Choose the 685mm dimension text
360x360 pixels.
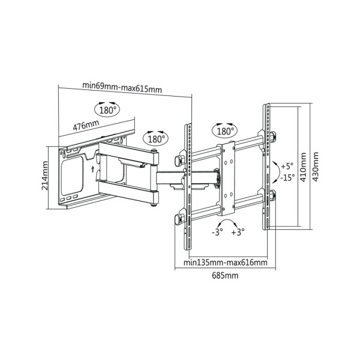coord(224,275)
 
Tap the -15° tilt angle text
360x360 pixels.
coord(286,178)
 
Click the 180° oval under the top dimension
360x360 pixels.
coord(107,110)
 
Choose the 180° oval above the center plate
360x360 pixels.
coord(224,130)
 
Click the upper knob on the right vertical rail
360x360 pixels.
coord(273,135)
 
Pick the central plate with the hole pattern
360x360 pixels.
coord(226,178)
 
